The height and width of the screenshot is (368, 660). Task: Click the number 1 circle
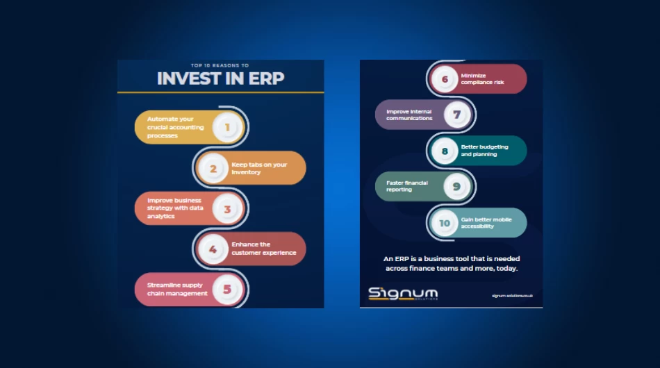(227, 127)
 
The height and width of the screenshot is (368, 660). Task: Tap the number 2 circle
(213, 168)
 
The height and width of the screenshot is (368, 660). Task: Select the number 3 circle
(227, 208)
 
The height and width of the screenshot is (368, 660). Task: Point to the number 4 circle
(213, 249)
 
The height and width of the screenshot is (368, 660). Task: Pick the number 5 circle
(227, 290)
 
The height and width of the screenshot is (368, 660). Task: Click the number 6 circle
(445, 78)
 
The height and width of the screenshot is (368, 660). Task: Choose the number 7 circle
(456, 115)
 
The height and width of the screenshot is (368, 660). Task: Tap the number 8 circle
(445, 151)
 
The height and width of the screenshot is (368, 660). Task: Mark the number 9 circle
(456, 186)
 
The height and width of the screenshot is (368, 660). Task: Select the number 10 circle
(445, 223)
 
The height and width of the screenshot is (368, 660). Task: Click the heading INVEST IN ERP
(220, 78)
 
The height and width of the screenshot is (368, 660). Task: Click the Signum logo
(403, 294)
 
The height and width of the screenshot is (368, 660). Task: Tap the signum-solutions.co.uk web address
(511, 296)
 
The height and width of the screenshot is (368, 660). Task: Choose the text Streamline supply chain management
(177, 290)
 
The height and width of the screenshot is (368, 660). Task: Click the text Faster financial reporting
(407, 186)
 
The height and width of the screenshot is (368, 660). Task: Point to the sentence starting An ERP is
(451, 263)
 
